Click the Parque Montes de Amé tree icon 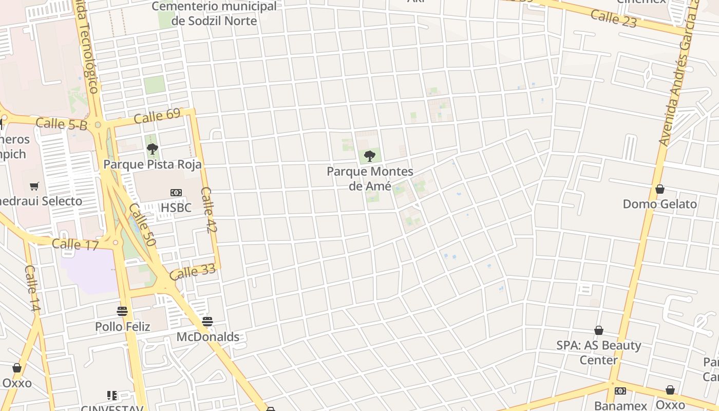pos(369,156)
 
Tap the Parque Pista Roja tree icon pos(152,149)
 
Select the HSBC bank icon pos(176,193)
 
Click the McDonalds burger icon pos(207,322)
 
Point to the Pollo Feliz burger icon pos(122,311)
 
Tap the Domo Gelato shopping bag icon pos(660,189)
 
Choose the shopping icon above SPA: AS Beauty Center pos(599,330)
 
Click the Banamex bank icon pos(620,391)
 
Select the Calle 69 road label pos(157,116)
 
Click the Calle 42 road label pos(209,210)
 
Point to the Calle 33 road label pos(193,272)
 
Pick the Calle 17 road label pos(75,245)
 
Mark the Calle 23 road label pos(613,18)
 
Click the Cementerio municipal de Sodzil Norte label pos(214,14)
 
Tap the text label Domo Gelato pos(660,204)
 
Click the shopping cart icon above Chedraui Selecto pos(34,186)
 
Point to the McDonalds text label pos(208,337)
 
